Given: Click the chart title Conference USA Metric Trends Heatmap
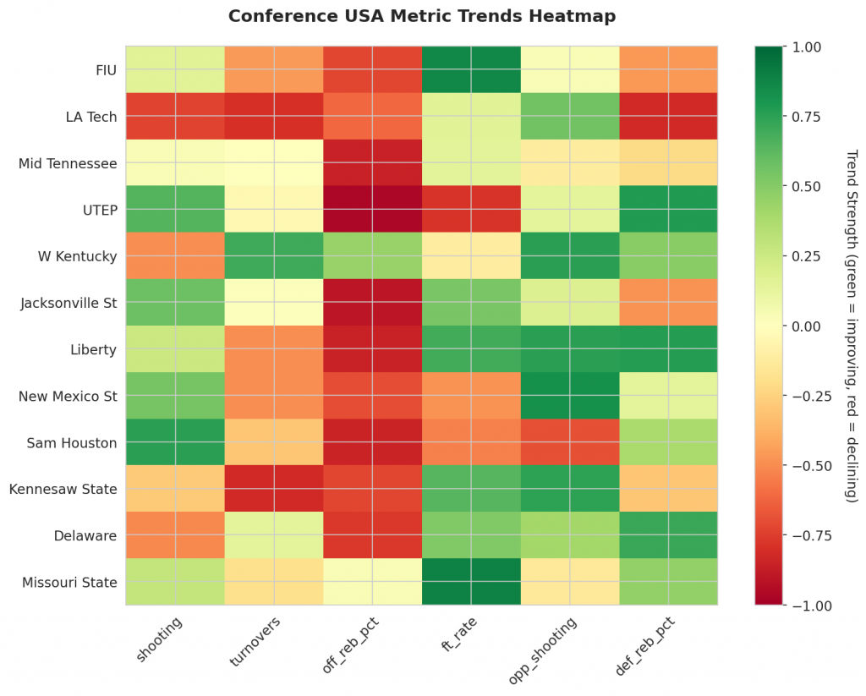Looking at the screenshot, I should [421, 16].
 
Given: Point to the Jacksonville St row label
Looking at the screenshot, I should [69, 303].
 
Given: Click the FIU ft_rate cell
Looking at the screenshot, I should [471, 69].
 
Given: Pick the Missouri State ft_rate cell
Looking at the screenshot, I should [471, 582].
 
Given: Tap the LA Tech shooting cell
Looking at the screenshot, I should [174, 116].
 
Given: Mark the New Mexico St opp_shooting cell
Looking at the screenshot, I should [569, 396].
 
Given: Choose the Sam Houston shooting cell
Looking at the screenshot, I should [174, 442].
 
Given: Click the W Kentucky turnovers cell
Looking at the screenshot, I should [273, 255].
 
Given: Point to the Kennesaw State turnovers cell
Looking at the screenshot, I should [273, 489].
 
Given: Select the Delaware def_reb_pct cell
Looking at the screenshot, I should [668, 535].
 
